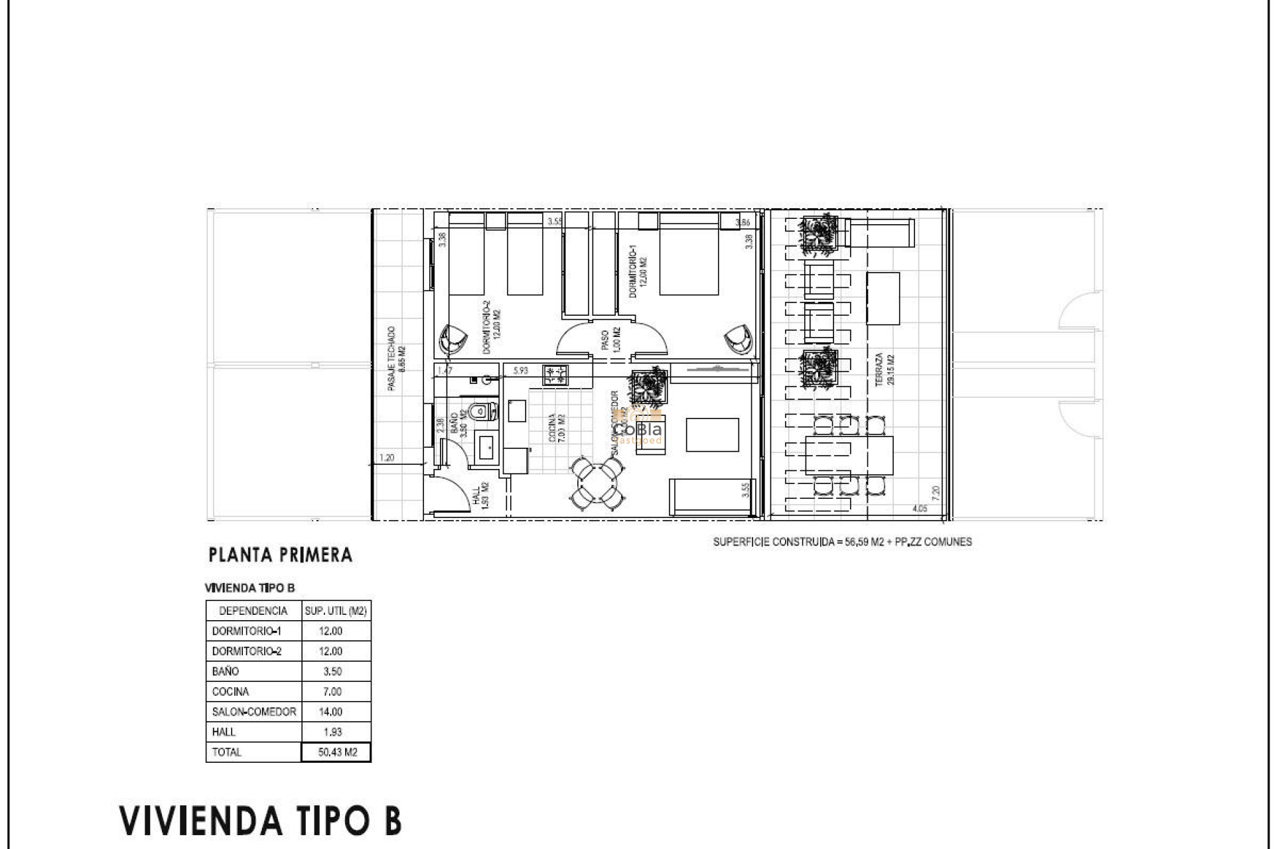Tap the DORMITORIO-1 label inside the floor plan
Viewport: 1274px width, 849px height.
[x=637, y=272]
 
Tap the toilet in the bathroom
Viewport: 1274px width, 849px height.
[x=482, y=412]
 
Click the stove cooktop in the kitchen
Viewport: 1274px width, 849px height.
[x=555, y=375]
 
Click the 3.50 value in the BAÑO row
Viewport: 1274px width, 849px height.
[x=332, y=671]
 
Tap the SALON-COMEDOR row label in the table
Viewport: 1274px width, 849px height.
[x=253, y=712]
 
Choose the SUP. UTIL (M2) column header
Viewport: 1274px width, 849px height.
[x=336, y=611]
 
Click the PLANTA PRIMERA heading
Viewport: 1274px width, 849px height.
[x=280, y=555]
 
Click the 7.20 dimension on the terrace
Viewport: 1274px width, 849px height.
[x=936, y=493]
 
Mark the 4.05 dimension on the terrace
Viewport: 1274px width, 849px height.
[x=920, y=509]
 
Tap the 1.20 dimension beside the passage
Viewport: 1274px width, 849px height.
[x=387, y=458]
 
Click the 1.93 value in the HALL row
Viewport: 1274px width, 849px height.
[x=332, y=732]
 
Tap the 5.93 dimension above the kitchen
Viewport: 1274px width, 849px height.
[x=520, y=371]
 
